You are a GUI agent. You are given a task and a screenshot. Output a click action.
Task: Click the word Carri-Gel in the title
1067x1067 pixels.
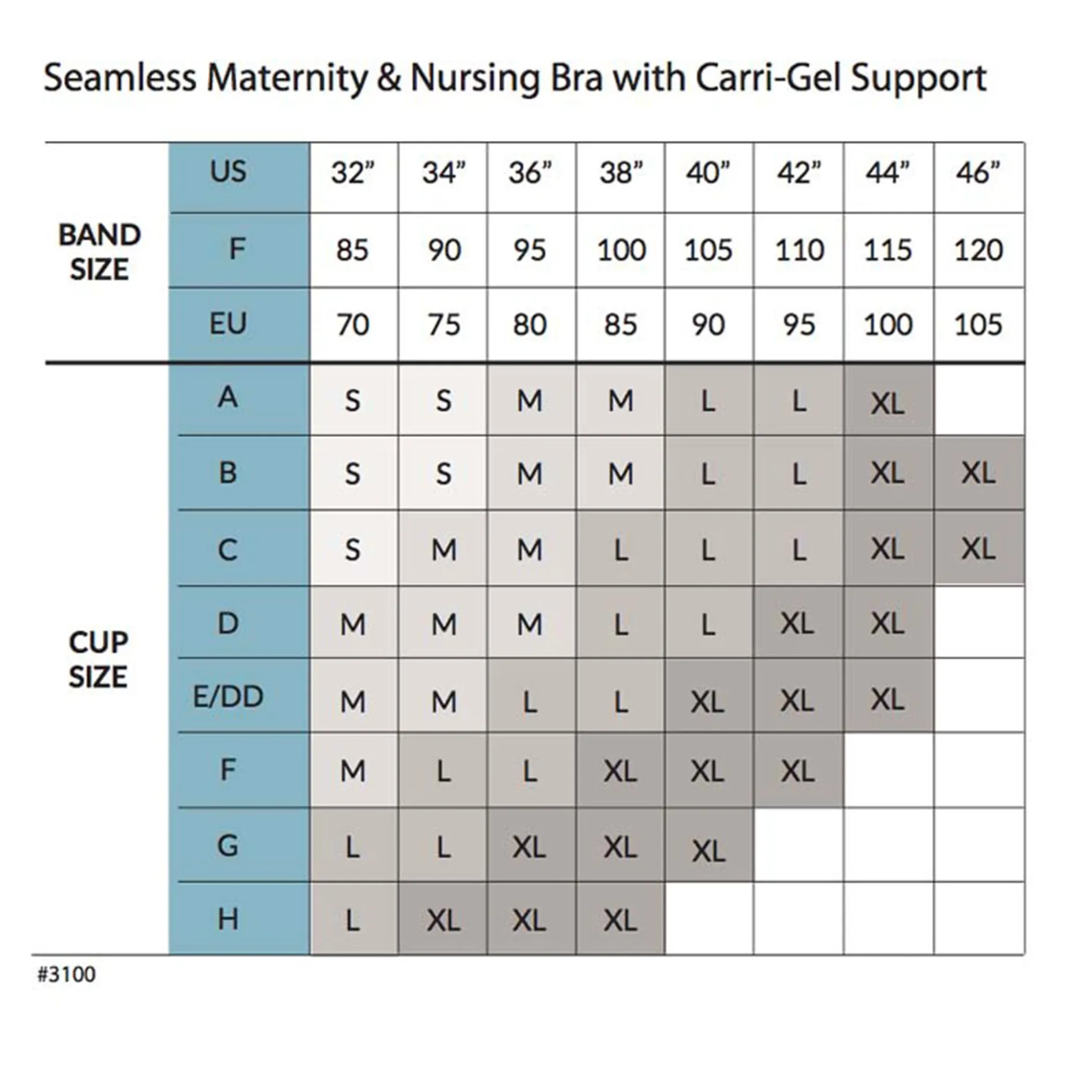coord(768,78)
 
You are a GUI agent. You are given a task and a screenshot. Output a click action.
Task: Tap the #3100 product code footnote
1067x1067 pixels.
coord(66,974)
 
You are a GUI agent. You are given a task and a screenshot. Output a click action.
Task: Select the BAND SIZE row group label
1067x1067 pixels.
coord(99,252)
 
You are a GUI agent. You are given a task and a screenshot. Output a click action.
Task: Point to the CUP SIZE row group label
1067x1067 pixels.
coord(98,659)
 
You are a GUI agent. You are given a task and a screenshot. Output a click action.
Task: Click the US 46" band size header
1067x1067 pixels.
coord(978,173)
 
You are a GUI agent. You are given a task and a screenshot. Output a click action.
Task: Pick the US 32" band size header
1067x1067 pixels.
coord(352,173)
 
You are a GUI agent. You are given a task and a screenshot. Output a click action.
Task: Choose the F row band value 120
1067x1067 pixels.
coord(978,250)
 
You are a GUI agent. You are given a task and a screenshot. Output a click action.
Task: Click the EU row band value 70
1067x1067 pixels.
coord(352,324)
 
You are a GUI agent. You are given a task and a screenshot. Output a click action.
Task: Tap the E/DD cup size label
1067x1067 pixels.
coord(228,697)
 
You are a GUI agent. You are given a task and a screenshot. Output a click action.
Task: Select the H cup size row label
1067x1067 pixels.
coord(228,919)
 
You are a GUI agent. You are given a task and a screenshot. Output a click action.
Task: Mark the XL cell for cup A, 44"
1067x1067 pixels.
coord(887,403)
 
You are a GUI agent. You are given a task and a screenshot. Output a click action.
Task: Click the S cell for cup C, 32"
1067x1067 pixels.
coord(352,549)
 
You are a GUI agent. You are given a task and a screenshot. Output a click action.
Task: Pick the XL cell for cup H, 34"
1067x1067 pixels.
coord(443,920)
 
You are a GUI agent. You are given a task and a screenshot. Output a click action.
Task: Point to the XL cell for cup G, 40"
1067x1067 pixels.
coord(708,850)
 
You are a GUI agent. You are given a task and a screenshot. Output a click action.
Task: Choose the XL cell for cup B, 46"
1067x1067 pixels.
coord(978,473)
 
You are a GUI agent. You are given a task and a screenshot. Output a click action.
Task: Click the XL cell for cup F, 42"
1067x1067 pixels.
coord(798,771)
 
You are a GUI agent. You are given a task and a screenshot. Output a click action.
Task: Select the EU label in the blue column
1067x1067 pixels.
coord(228,323)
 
